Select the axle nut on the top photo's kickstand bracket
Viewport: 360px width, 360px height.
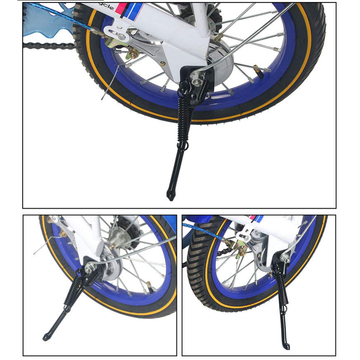coord(196,75)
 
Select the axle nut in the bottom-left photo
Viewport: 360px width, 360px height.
coord(89,266)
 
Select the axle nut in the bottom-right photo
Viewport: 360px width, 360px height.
coord(286,257)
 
